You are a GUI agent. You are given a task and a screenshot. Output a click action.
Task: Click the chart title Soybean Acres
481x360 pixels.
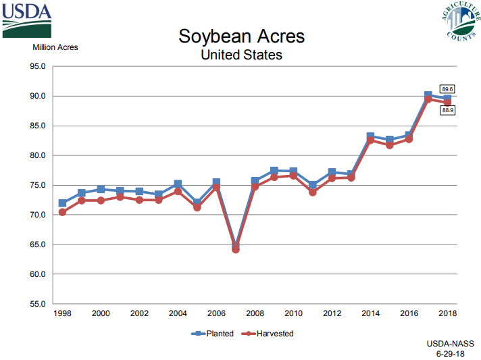241,36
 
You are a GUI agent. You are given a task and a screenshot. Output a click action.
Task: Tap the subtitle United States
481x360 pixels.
241,55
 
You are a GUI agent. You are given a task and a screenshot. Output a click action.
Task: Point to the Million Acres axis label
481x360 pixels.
55,47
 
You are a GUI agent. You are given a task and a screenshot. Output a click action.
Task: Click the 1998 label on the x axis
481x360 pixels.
62,313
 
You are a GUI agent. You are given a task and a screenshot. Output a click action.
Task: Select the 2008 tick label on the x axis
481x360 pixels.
255,313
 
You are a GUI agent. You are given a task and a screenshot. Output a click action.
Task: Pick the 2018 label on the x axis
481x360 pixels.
447,313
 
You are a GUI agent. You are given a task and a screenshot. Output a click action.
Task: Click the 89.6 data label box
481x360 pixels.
447,89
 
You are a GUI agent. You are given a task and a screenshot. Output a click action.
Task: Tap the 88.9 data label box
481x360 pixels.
447,110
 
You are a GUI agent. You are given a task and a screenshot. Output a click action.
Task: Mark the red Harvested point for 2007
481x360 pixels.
236,249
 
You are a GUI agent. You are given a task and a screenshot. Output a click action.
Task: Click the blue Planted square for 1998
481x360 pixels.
62,203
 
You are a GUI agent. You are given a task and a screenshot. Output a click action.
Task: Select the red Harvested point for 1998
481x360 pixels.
62,212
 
